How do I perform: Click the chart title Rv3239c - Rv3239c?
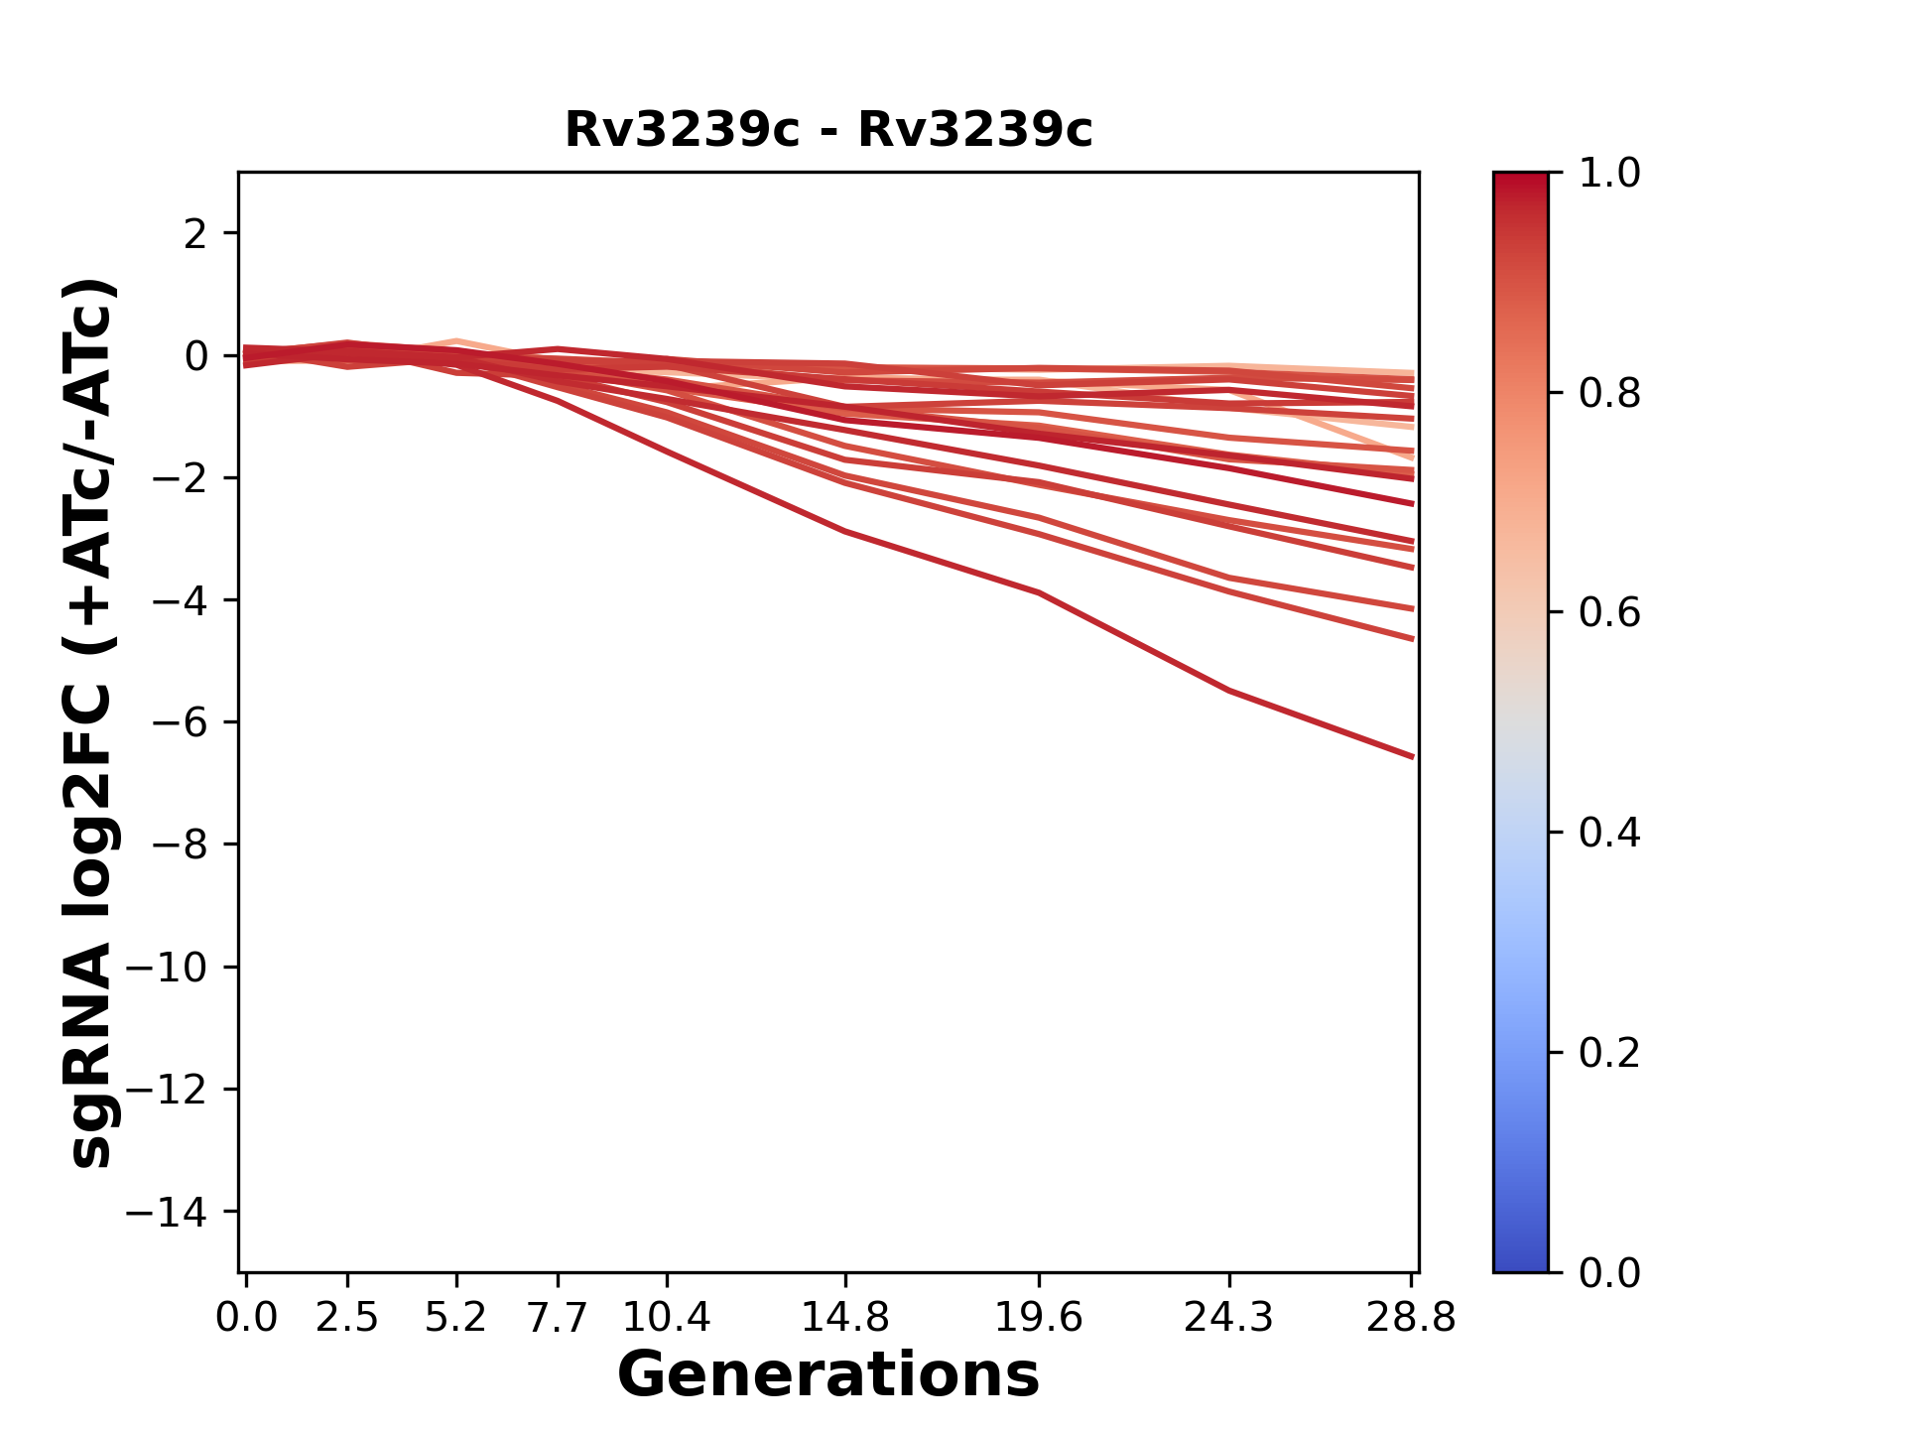(828, 130)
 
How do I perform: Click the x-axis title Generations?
(828, 1375)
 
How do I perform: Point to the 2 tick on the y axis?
(195, 234)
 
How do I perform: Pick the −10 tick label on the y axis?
(167, 968)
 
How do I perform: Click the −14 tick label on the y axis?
(167, 1212)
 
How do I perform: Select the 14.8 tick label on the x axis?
(844, 1318)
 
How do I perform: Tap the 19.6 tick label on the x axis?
(1039, 1318)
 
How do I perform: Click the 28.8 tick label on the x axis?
(1411, 1318)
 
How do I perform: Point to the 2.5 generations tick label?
(347, 1318)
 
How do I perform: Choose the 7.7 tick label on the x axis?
(558, 1318)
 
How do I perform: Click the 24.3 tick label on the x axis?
(1229, 1318)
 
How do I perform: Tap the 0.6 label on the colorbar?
(1609, 613)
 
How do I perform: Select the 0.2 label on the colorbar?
(1609, 1053)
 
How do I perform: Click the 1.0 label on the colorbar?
(1609, 174)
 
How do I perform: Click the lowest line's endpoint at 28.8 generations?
(1412, 756)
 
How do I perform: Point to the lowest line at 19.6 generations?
(1039, 592)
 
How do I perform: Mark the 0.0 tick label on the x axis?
(246, 1318)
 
